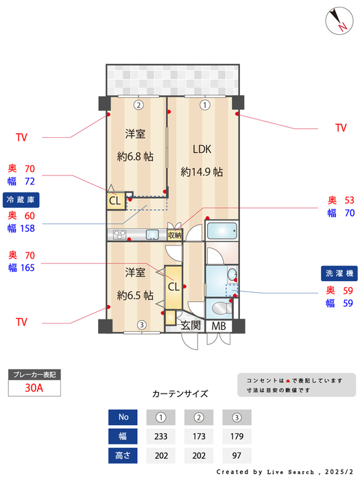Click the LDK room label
click(x=202, y=149)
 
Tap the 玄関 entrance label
click(x=191, y=326)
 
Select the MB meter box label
click(x=219, y=326)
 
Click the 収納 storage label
click(x=175, y=235)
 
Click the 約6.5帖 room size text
click(x=135, y=296)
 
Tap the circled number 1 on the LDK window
click(x=204, y=105)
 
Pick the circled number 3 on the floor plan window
click(x=141, y=325)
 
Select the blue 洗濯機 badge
click(x=339, y=274)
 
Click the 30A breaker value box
click(x=34, y=387)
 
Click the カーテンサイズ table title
click(x=180, y=394)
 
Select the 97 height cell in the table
click(x=237, y=454)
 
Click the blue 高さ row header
click(x=123, y=454)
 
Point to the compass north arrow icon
click(x=337, y=19)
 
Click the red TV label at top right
click(x=341, y=128)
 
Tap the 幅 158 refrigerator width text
click(x=21, y=228)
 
